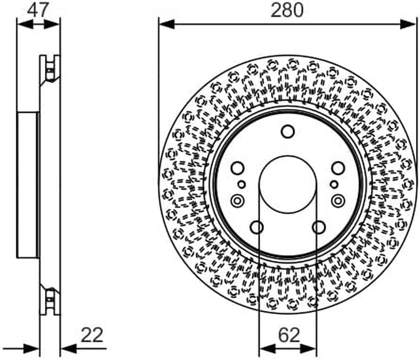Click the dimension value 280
click(x=287, y=10)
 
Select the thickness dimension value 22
click(x=92, y=335)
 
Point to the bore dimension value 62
click(x=289, y=335)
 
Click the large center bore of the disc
click(x=288, y=184)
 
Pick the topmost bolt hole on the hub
click(x=288, y=131)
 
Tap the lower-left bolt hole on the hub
click(x=257, y=227)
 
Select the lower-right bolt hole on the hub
click(x=319, y=227)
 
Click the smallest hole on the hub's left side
click(x=241, y=184)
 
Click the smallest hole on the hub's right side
click(x=334, y=184)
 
